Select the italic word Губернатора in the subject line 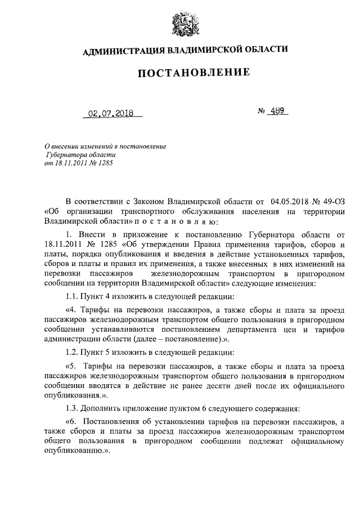[67, 154]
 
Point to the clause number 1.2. [73, 353]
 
